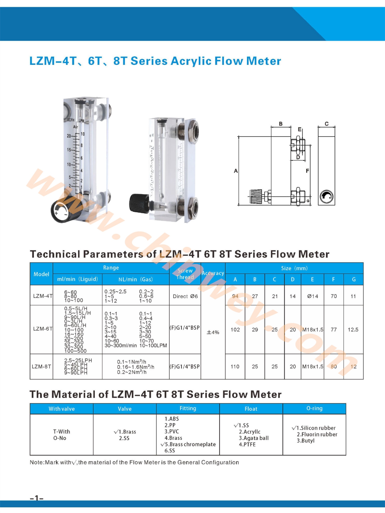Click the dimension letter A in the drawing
click(236, 171)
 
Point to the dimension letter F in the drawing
click(307, 171)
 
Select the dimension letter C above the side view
click(326, 124)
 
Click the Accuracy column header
click(213, 273)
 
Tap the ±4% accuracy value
click(213, 332)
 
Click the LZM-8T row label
click(41, 367)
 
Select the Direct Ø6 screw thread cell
click(185, 296)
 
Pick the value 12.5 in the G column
click(353, 330)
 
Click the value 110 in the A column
click(235, 367)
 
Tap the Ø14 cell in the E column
click(312, 296)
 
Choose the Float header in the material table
click(251, 409)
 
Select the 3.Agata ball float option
click(254, 438)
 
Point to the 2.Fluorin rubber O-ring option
click(317, 434)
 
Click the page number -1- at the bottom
click(37, 498)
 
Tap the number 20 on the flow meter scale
click(69, 136)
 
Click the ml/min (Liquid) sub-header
click(78, 279)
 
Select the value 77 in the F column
click(333, 330)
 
